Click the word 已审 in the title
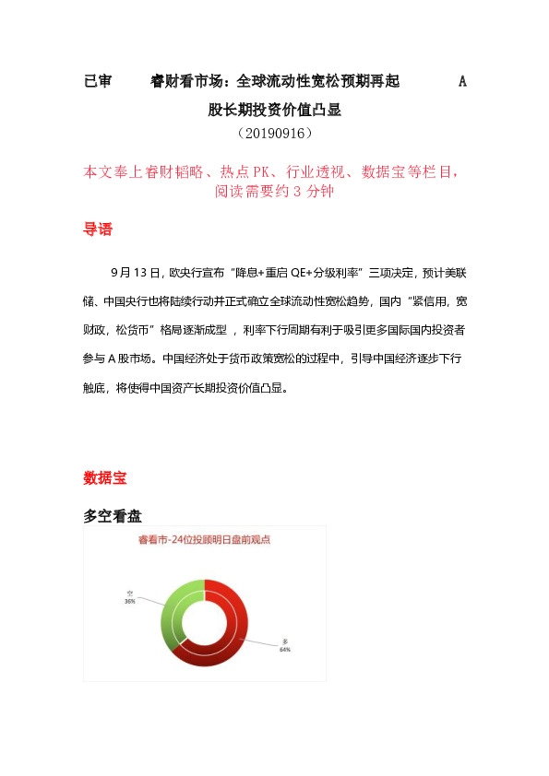pos(97,82)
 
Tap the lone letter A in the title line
pos(462,82)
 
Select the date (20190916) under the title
pos(274,134)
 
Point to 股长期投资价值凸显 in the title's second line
pos(274,110)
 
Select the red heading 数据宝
pos(104,478)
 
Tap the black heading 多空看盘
pos(112,517)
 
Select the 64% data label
pos(284,650)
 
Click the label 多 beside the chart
pos(285,641)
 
